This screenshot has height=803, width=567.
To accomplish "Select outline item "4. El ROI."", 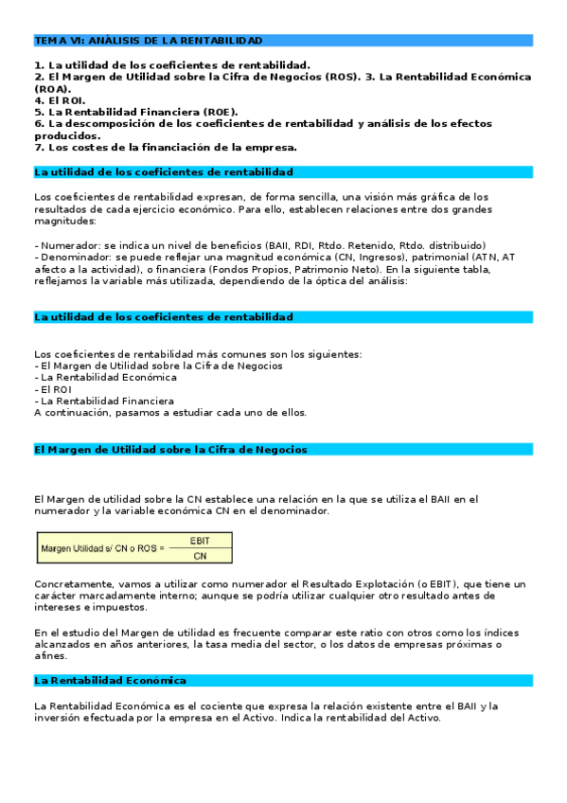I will pyautogui.click(x=60, y=99).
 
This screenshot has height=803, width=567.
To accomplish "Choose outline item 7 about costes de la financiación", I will pyautogui.click(x=166, y=147).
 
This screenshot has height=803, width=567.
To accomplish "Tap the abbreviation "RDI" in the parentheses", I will pyautogui.click(x=308, y=244).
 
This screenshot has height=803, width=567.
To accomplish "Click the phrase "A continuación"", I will pyautogui.click(x=68, y=413).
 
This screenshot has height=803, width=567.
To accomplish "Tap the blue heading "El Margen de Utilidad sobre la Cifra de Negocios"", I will pyautogui.click(x=169, y=450).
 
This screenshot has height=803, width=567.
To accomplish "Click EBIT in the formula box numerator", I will pyautogui.click(x=200, y=541).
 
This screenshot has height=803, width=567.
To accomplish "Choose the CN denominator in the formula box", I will pyautogui.click(x=200, y=556).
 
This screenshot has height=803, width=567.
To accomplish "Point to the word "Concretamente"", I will pyautogui.click(x=69, y=584).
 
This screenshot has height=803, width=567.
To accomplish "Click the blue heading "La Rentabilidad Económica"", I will pyautogui.click(x=110, y=681).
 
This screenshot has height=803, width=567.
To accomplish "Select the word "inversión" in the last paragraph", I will pyautogui.click(x=56, y=717).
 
